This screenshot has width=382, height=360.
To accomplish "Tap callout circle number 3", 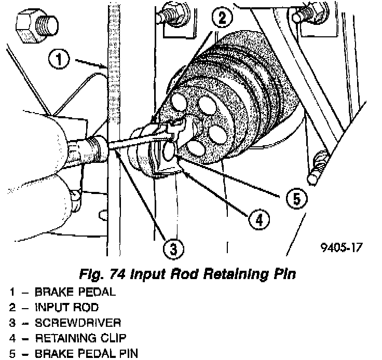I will (173, 249).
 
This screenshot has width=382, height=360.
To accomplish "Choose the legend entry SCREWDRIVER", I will (78, 323).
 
